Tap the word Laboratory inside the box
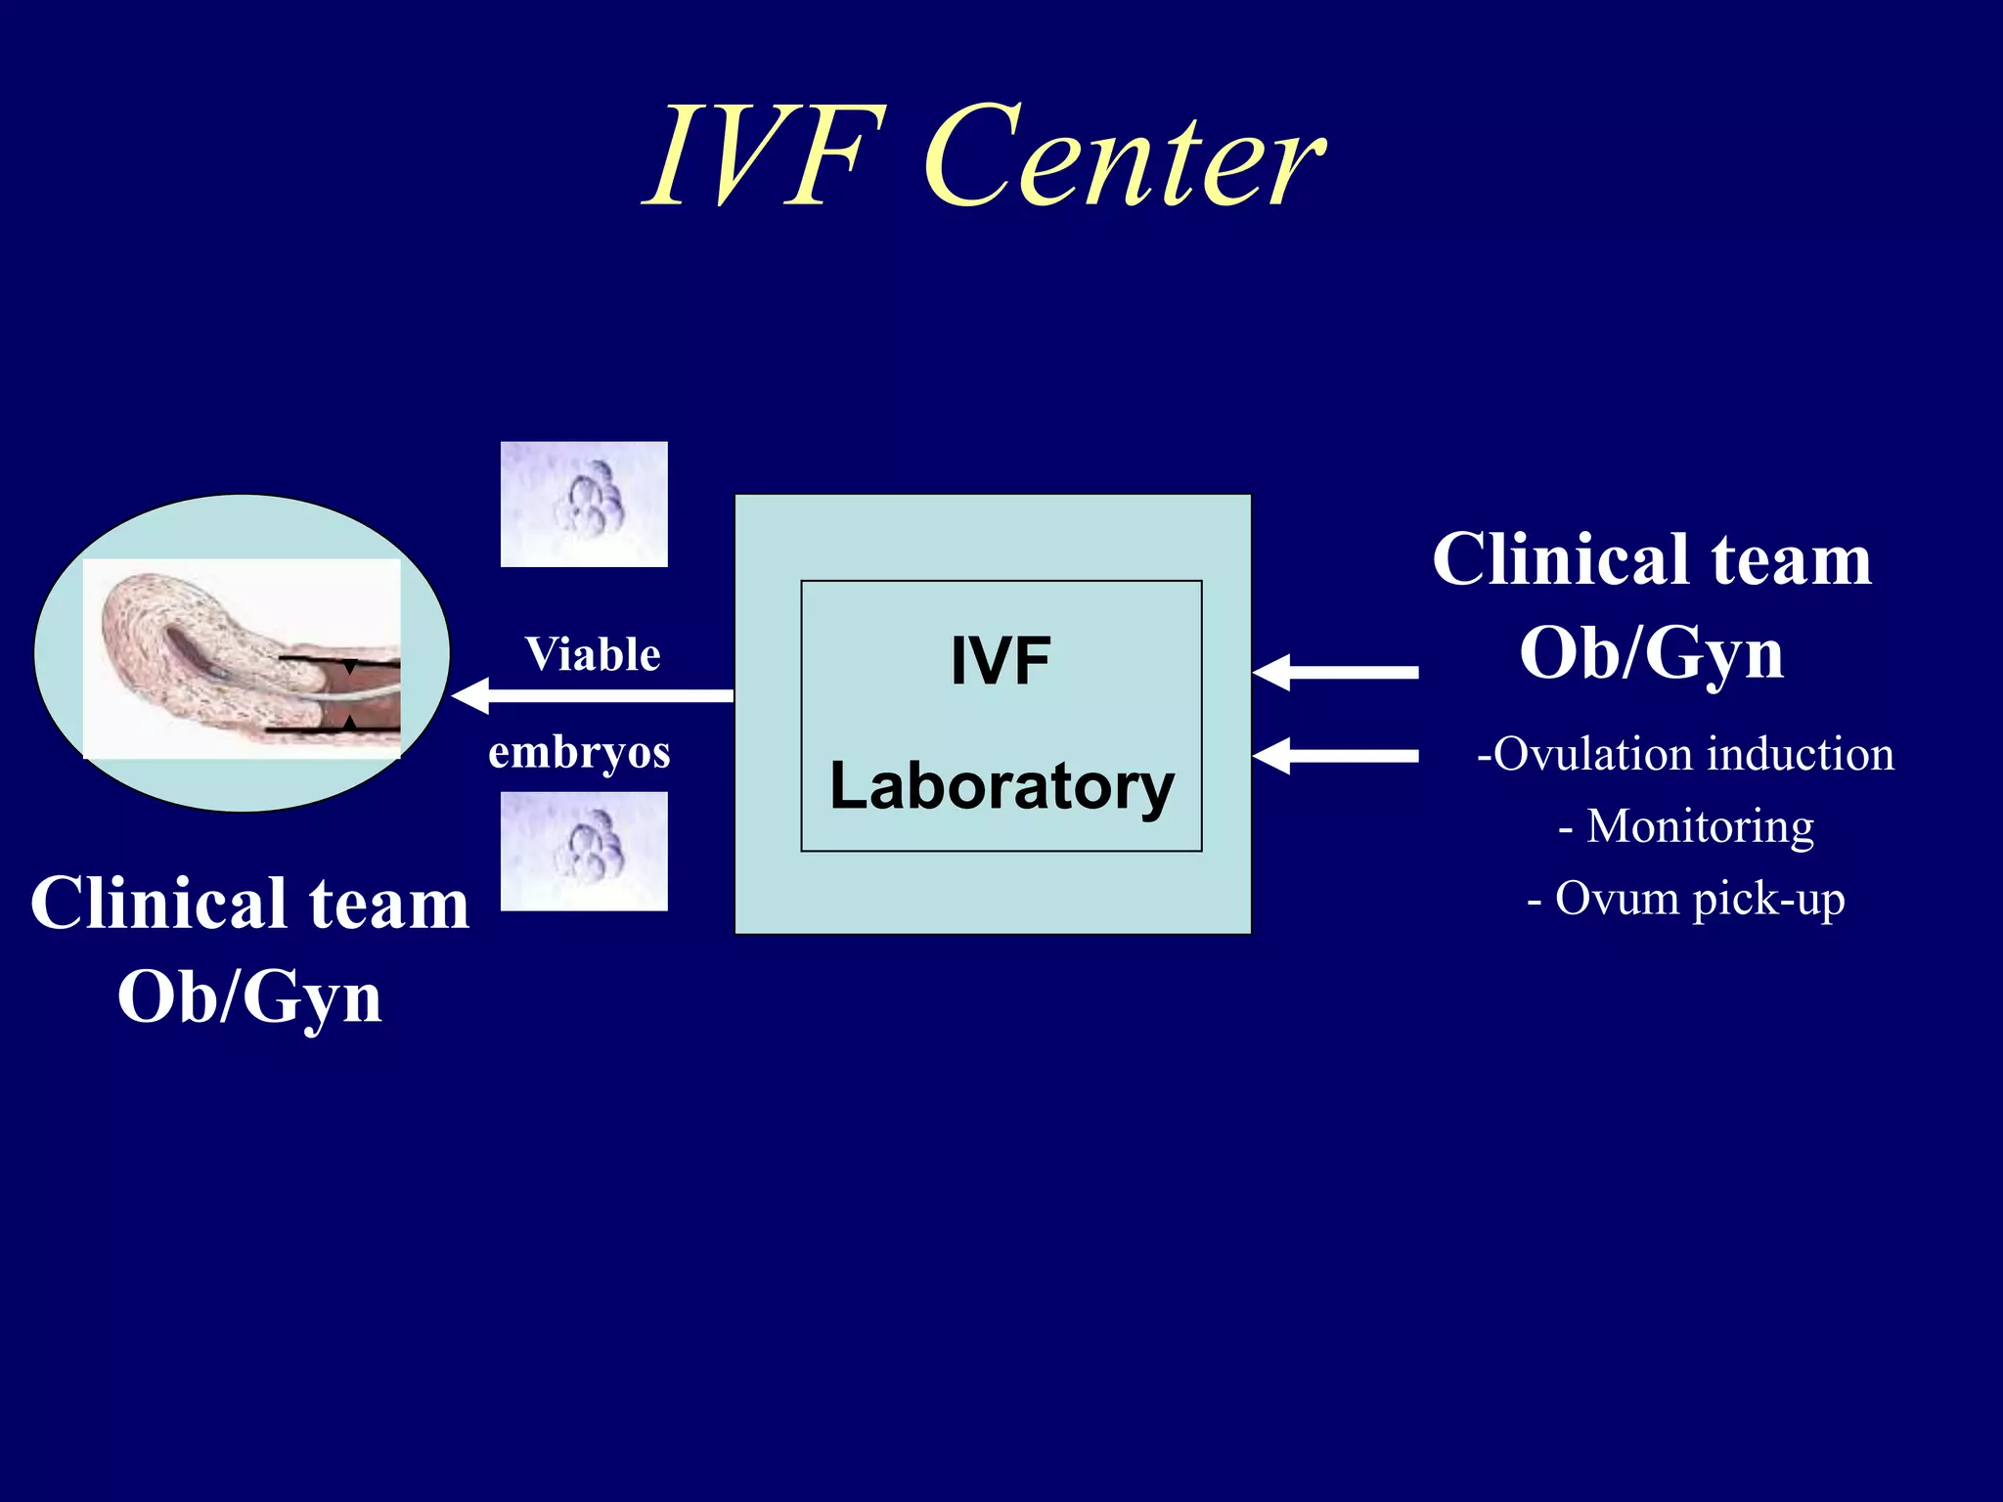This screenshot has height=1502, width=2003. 1001,786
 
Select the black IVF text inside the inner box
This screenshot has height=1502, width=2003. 1001,662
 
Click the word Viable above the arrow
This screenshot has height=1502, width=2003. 593,654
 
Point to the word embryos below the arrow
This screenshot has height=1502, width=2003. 579,752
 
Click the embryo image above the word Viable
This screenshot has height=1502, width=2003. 584,504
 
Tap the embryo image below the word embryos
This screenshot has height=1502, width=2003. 584,851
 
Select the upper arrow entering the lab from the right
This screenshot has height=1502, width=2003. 1335,672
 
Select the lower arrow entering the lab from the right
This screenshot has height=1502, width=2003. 1335,756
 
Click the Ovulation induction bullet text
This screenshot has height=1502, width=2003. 1685,754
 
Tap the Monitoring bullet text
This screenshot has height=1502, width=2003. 1686,826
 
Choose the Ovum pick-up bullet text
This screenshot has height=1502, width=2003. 1686,899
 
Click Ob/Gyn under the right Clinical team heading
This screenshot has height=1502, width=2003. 1651,652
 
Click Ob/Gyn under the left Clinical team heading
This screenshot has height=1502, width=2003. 249,996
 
